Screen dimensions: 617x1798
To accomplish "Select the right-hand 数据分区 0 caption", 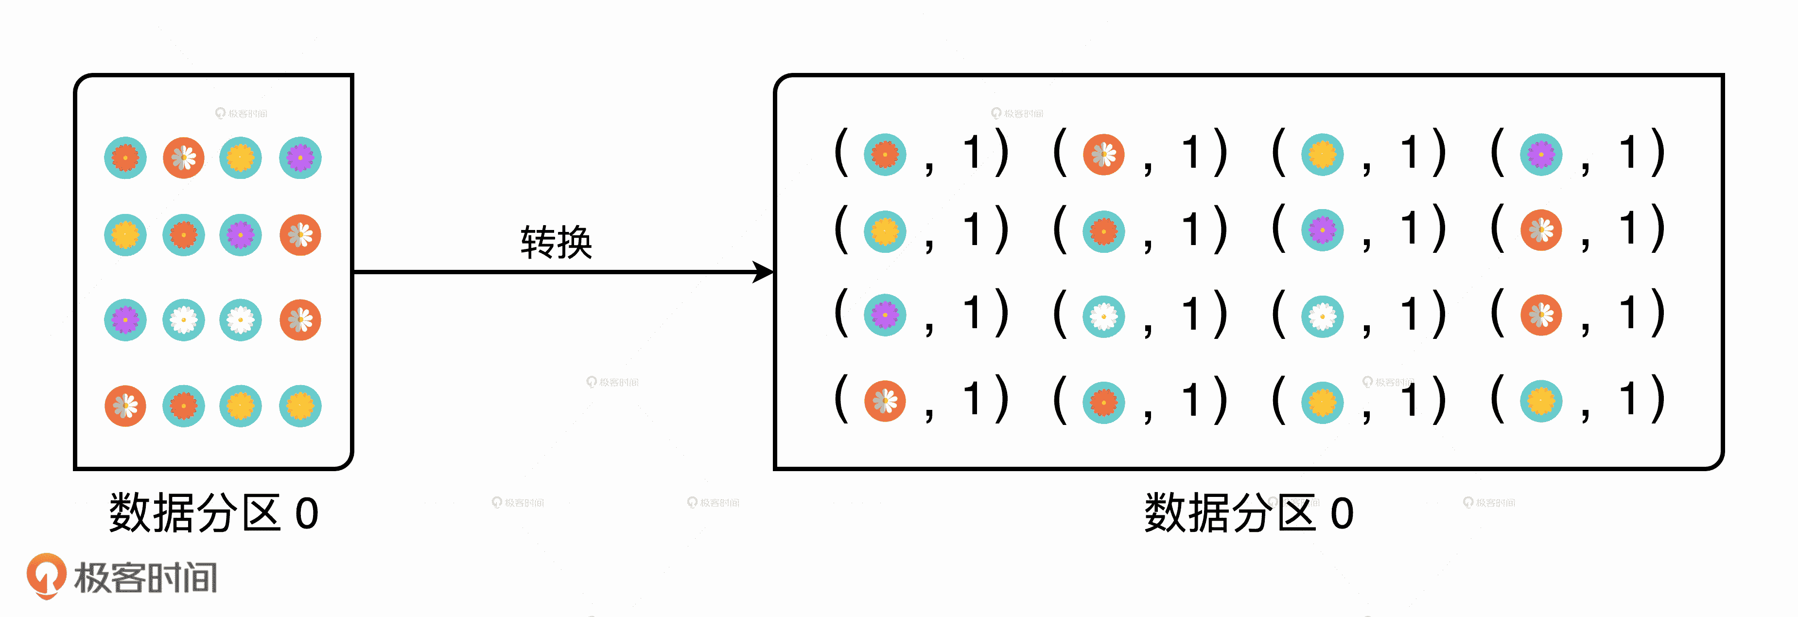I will click(1248, 514).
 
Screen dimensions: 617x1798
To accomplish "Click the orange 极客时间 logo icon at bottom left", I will click(46, 575).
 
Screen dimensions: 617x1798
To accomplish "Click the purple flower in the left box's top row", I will click(300, 158).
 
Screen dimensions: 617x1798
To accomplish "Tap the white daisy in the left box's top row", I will click(184, 158).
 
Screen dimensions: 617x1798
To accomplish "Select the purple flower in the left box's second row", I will click(241, 234).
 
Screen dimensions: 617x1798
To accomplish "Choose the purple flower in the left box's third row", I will click(125, 319).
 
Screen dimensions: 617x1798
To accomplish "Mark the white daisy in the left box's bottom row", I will click(125, 405).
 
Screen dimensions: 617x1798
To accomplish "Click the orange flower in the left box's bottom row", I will click(184, 405).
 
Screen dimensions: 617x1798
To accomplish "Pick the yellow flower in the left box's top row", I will click(241, 158).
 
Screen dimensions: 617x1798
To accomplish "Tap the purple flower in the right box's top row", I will click(1541, 154).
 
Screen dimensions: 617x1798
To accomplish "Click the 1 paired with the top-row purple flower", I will click(1628, 153).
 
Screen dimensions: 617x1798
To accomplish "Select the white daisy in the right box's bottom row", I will click(885, 401).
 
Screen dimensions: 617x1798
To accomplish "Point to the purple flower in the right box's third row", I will click(885, 315).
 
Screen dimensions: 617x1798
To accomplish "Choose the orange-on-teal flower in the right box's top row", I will click(885, 154).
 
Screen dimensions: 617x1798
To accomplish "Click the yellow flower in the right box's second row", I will click(885, 231).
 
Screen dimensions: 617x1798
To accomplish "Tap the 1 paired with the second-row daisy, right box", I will click(1628, 229).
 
